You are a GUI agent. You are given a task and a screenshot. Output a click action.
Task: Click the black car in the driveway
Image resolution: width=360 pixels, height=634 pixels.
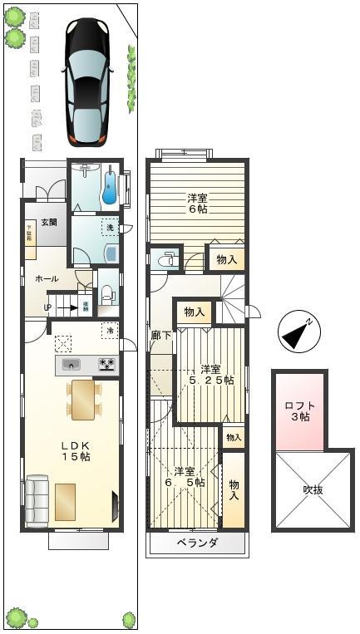point(86,81)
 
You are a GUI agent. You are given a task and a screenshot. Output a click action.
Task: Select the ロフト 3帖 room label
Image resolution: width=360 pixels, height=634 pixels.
point(299,410)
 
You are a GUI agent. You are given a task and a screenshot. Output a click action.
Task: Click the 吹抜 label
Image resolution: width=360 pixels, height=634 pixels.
point(313,489)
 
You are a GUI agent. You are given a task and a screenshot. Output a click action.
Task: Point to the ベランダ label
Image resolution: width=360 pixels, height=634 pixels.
point(197,543)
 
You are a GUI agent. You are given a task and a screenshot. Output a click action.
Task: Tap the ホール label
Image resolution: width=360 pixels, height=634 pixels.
point(47,279)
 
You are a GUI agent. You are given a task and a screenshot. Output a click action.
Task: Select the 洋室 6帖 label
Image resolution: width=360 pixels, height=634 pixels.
point(197,204)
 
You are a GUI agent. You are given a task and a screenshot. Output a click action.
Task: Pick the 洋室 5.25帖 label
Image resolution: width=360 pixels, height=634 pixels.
point(211,375)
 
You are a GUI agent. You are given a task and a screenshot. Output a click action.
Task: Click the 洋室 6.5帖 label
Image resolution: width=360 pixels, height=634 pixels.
point(184,476)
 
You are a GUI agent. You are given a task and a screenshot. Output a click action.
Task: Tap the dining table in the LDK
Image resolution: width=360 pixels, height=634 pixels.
point(83,399)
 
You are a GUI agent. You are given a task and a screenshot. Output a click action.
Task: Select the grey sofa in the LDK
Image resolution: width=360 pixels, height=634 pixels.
point(37,499)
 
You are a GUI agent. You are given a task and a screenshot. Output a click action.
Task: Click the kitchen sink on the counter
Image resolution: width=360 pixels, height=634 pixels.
point(72,364)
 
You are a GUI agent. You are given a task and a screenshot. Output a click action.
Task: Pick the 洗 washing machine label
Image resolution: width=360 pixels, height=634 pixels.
point(109,227)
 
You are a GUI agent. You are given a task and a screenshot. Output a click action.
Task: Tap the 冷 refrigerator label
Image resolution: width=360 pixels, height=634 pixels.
point(110,332)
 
